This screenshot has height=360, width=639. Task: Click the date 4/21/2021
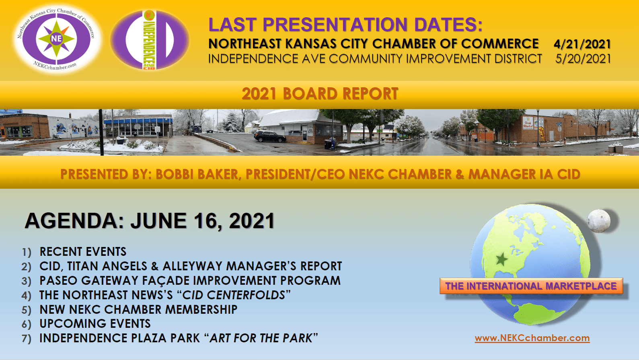point(582,44)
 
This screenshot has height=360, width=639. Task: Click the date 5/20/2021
point(583,59)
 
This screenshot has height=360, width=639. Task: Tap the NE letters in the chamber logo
point(56,38)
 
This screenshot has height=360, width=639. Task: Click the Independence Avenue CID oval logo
point(150,40)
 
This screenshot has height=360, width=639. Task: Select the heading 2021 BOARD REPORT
point(320,94)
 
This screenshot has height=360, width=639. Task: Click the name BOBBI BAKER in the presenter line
point(197,174)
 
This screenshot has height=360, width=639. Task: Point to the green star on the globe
point(501,259)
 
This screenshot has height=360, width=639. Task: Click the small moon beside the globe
point(598,221)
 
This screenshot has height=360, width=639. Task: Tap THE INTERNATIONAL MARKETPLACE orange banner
point(531,286)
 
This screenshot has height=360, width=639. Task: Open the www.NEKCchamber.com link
point(532,338)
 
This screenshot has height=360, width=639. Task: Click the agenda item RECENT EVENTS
point(83,252)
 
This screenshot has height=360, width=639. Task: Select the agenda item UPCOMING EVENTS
point(95,323)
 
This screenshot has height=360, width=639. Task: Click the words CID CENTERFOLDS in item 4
point(234,295)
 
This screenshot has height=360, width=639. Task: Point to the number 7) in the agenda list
point(26,339)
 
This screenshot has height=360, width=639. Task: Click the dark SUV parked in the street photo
point(270,136)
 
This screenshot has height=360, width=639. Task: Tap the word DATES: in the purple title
point(448,25)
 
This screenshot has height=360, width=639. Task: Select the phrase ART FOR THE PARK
point(261,338)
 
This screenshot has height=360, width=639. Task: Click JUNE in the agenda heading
point(158,221)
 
